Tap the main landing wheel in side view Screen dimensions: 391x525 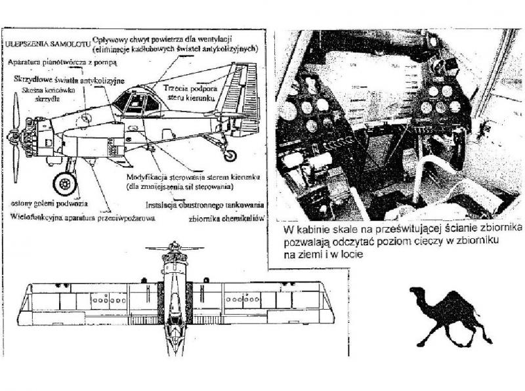click(64, 183)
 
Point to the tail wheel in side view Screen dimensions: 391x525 click(230, 155)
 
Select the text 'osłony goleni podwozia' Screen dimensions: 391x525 click(49, 204)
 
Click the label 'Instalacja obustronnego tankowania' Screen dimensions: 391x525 click(207, 205)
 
